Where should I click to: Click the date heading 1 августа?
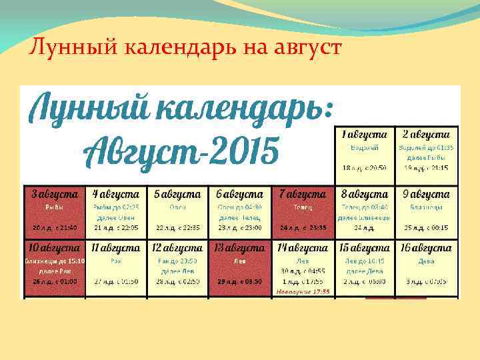pyautogui.click(x=364, y=135)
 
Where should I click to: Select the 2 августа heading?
pyautogui.click(x=427, y=135)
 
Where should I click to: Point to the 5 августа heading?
pyautogui.click(x=177, y=195)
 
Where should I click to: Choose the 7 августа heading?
pyautogui.click(x=303, y=195)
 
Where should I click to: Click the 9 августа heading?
pyautogui.click(x=427, y=195)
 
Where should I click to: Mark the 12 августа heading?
pyautogui.click(x=177, y=248)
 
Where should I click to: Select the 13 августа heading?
pyautogui.click(x=240, y=248)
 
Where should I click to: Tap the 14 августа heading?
pyautogui.click(x=303, y=248)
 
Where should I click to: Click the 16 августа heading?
pyautogui.click(x=427, y=248)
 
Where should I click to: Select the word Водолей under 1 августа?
pyautogui.click(x=364, y=147)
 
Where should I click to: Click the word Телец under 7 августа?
pyautogui.click(x=303, y=207)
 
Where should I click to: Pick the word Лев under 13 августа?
pyautogui.click(x=240, y=261)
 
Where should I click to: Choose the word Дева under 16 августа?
pyautogui.click(x=427, y=261)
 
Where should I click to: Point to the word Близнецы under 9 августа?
pyautogui.click(x=427, y=207)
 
